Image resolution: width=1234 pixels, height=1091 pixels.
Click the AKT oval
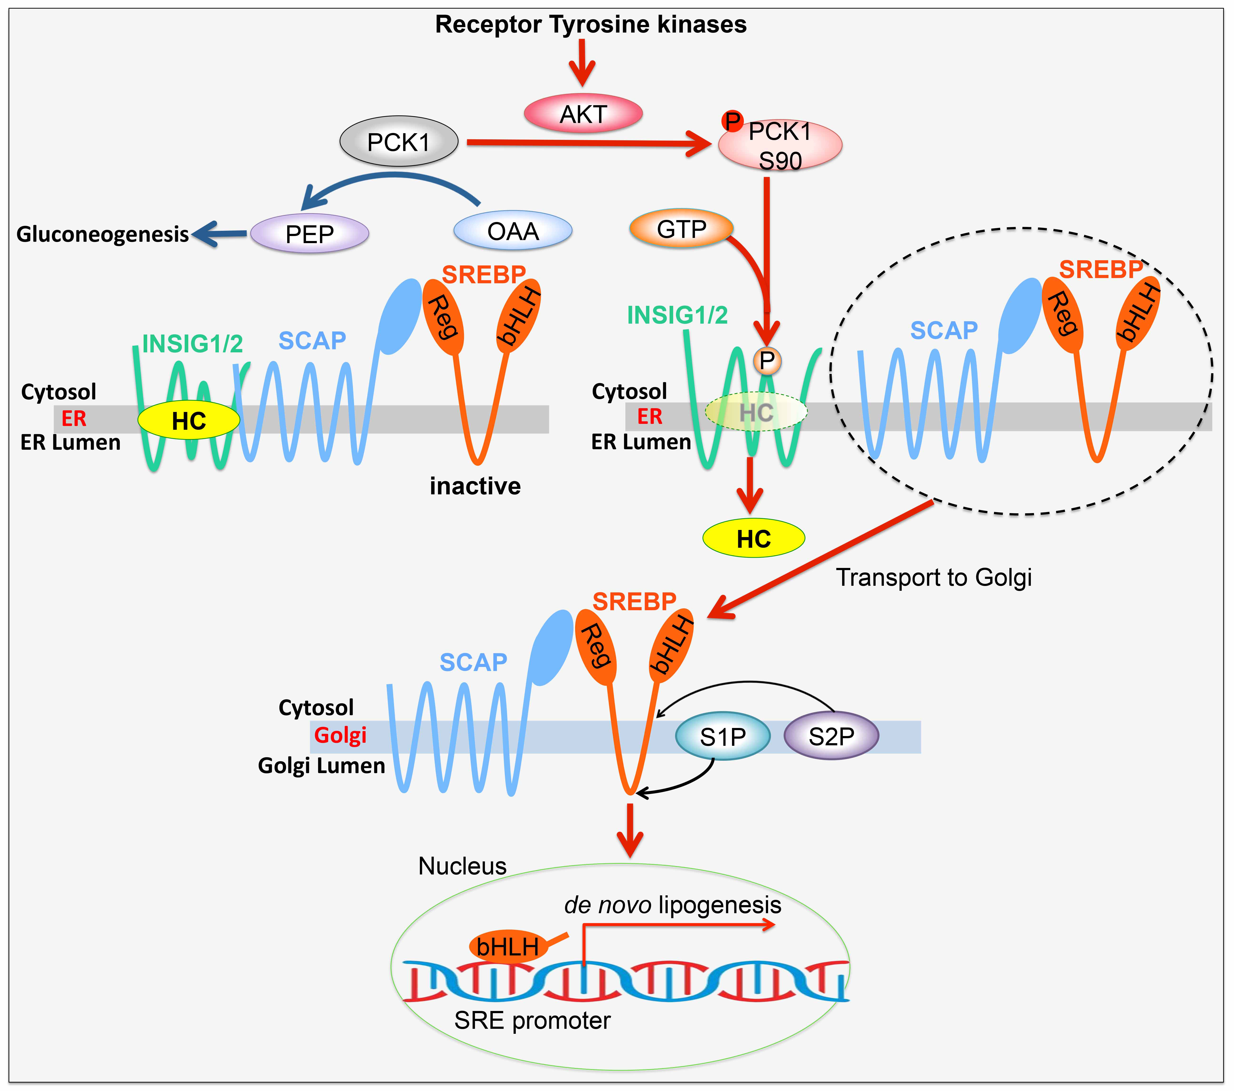coord(583,113)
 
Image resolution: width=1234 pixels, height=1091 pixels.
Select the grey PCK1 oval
coord(399,142)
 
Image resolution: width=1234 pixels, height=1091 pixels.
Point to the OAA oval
coord(512,231)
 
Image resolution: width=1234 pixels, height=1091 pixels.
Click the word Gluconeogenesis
coord(103,234)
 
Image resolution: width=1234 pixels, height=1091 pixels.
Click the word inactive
coord(475,486)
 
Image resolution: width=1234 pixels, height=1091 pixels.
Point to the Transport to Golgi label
coord(933,577)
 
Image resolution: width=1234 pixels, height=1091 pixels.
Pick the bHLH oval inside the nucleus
coord(508,946)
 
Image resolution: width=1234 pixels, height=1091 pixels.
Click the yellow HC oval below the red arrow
coord(753,538)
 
